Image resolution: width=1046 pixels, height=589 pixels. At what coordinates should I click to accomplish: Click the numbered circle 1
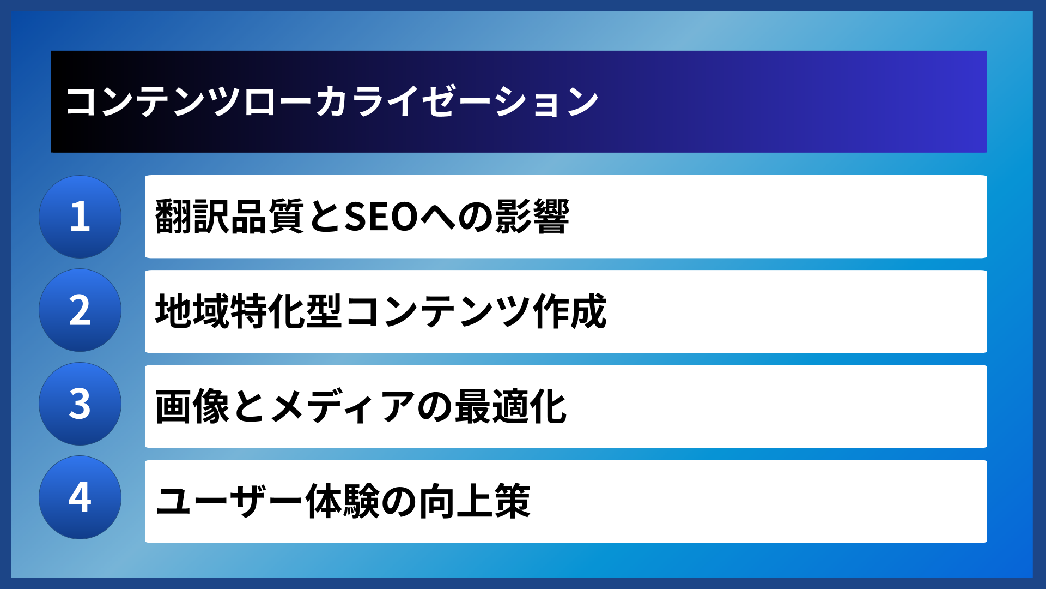80,217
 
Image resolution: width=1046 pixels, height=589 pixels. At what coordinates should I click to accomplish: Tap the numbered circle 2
80,310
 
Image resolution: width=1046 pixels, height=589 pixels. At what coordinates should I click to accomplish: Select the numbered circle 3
80,404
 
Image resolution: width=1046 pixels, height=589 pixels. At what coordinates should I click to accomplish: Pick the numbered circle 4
80,497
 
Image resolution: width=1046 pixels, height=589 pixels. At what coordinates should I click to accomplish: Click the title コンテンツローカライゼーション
332,101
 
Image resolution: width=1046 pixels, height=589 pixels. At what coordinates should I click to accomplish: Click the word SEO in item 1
381,217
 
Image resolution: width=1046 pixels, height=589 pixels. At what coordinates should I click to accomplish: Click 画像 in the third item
192,406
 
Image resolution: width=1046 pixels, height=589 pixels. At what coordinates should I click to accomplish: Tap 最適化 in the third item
510,406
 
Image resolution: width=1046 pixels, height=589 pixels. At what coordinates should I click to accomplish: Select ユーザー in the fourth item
229,501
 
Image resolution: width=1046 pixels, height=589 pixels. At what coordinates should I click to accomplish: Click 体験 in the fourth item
342,501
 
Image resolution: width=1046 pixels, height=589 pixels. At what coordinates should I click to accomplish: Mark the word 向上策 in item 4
474,501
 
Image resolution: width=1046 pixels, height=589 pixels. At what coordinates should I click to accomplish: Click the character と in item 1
324,217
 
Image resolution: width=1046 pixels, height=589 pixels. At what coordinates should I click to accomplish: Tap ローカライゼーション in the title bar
421,101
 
